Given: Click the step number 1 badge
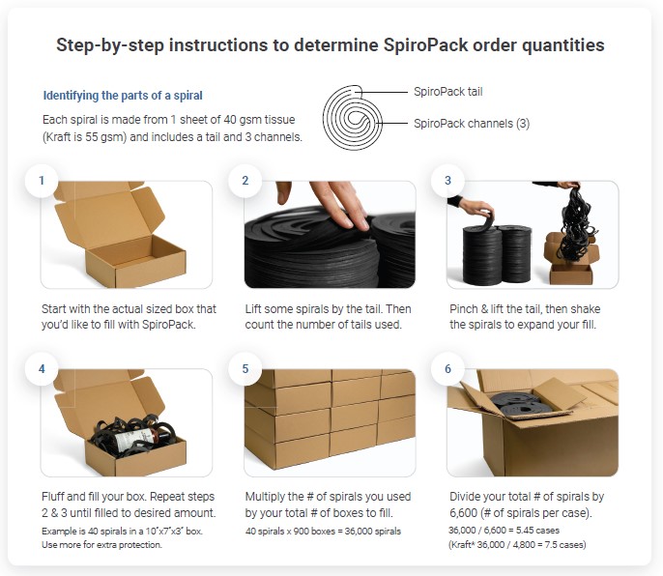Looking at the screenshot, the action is pos(42,181).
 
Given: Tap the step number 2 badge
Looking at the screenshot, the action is pos(245,181).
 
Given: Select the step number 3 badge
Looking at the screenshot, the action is pos(447,181).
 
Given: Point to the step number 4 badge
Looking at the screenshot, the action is pos(42,369).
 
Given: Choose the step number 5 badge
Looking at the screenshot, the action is pos(245,369).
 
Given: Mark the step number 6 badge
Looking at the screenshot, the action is pos(447,369).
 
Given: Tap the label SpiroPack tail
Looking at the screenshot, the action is pos(447,92).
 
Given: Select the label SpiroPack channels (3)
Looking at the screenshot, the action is pos(472,124).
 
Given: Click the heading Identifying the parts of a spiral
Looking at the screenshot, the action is pos(123,96).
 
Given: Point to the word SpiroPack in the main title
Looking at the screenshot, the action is pos(426,44).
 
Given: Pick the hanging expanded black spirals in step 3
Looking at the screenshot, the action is pos(577,224).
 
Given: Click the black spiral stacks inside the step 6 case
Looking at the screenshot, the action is pos(517,403).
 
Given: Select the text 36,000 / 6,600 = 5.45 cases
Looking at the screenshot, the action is pos(504,531).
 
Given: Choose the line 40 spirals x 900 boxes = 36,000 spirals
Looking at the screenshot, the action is pos(323,532).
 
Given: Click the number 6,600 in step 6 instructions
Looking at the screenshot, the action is pos(464,513).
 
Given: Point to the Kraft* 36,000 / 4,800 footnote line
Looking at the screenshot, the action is pos(518,545).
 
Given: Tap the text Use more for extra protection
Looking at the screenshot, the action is pos(101,545).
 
